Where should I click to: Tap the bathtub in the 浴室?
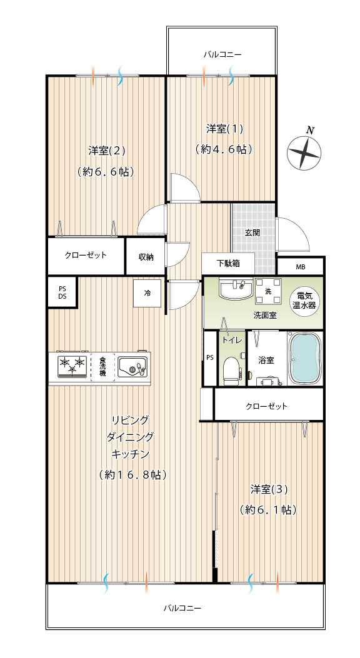point(304,359)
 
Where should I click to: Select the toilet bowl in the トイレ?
point(231,370)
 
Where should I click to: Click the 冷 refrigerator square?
point(147,293)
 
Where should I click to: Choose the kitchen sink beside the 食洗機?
point(132,366)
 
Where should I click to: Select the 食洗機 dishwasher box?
point(102,368)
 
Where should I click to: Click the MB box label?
point(301,267)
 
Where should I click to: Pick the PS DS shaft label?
point(62,292)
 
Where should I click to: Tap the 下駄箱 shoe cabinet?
point(228,264)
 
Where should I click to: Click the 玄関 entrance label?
point(252,232)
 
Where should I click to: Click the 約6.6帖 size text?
point(106,172)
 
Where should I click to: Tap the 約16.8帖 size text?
point(133,475)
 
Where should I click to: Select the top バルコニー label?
point(222,54)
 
